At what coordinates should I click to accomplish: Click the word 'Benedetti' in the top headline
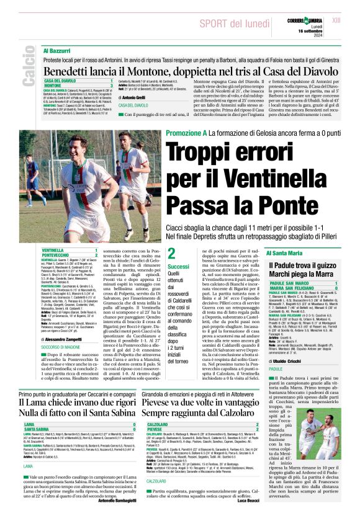coord(70,72)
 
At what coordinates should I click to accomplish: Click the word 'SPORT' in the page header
coord(213,24)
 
